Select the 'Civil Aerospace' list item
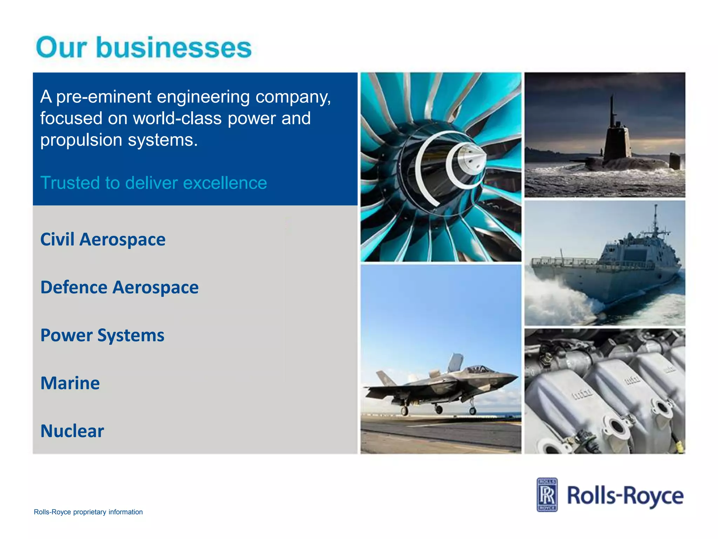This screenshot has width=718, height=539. click(x=103, y=240)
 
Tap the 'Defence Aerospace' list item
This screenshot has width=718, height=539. click(x=119, y=287)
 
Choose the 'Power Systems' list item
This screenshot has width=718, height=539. click(x=102, y=335)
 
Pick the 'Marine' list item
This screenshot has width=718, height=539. click(x=70, y=383)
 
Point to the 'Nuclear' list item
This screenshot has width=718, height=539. click(x=72, y=431)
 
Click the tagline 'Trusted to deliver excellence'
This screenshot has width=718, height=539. click(x=154, y=183)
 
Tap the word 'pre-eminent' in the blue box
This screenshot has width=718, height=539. click(x=104, y=97)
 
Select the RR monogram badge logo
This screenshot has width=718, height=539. click(x=547, y=495)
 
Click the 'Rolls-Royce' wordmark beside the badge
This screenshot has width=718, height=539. click(x=625, y=496)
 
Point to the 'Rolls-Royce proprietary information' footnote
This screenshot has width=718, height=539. click(x=88, y=512)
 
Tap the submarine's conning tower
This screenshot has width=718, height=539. click(x=617, y=142)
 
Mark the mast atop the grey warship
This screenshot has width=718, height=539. click(x=655, y=221)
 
